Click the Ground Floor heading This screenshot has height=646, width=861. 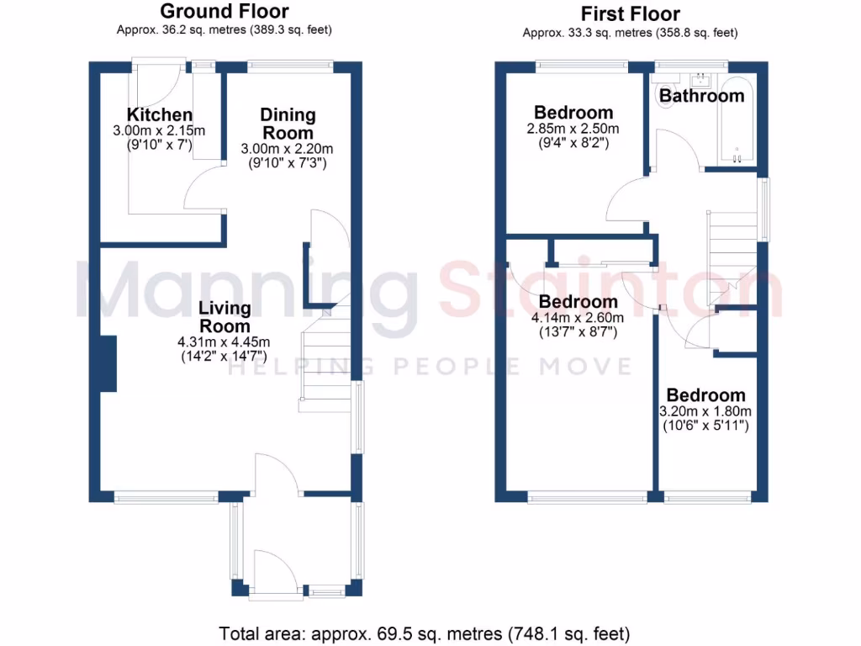[x=224, y=12]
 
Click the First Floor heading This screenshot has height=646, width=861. [x=630, y=14]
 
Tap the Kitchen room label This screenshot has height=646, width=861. [x=160, y=115]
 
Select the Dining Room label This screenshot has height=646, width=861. [x=288, y=124]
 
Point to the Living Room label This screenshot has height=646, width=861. [x=224, y=317]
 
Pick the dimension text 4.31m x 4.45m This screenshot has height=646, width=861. [x=224, y=342]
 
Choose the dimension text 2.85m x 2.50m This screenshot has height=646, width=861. [x=573, y=129]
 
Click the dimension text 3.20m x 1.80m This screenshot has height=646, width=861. [x=706, y=411]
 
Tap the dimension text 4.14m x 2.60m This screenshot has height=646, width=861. [x=578, y=318]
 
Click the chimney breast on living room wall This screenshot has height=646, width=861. [x=108, y=363]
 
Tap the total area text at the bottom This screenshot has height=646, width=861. [x=425, y=633]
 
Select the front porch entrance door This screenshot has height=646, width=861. [x=275, y=579]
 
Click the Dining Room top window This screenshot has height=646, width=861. [x=289, y=66]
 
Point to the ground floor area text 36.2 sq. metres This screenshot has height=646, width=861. [x=224, y=30]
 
